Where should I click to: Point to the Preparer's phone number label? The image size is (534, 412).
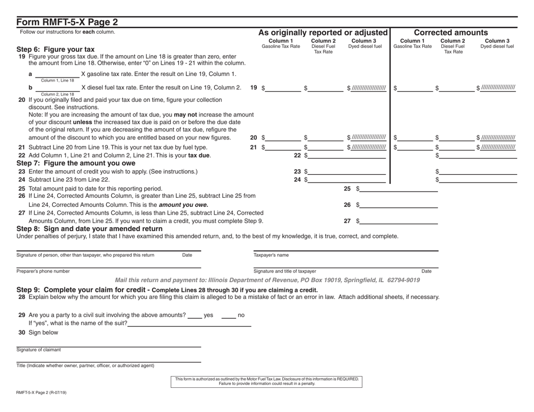pos(43,271)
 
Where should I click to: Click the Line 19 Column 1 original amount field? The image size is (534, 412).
pos(284,89)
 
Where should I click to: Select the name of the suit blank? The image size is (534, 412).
pos(189,324)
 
